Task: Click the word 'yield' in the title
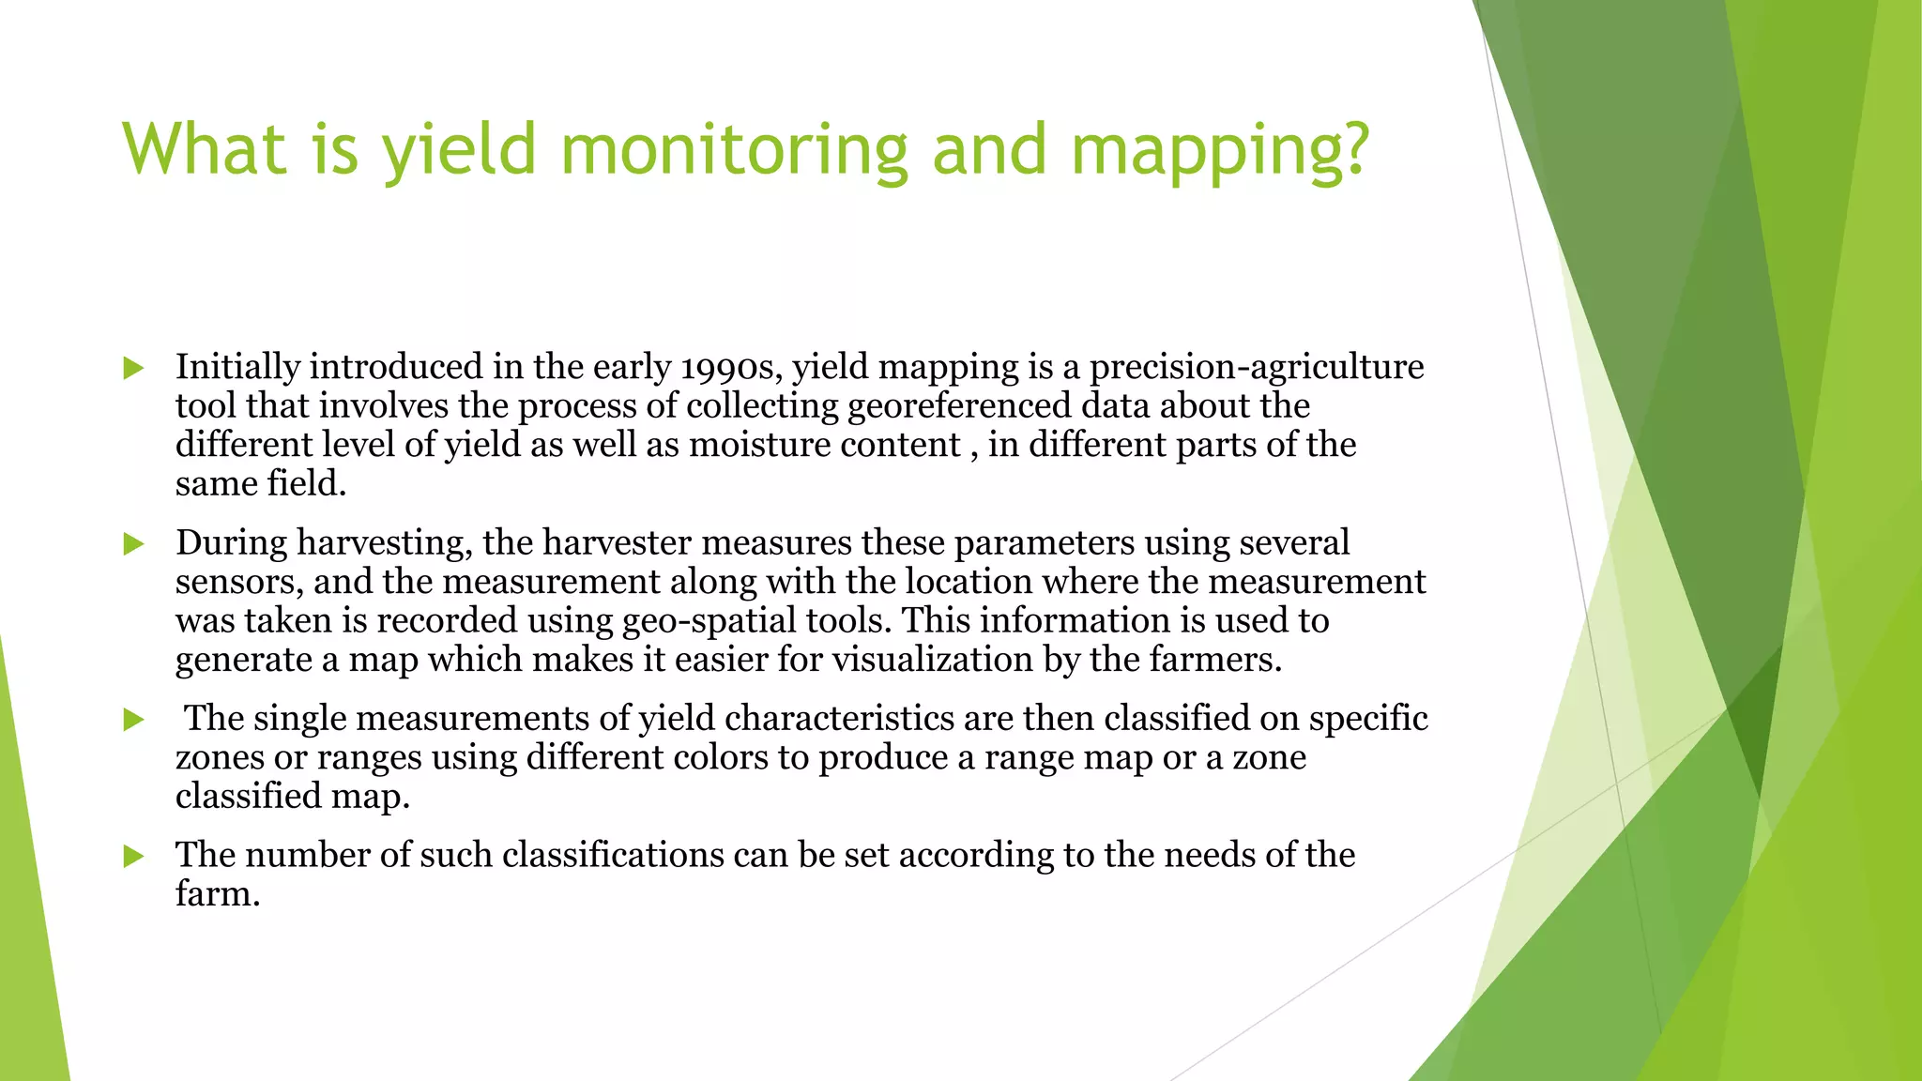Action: (458, 150)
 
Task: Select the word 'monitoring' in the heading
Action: (734, 150)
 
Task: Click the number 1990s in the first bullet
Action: (731, 367)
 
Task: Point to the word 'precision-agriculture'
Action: (1257, 367)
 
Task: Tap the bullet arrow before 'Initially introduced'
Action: (133, 368)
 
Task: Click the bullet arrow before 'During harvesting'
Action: (133, 544)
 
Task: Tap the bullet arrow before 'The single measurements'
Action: (133, 720)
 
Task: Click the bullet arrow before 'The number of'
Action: (133, 856)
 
